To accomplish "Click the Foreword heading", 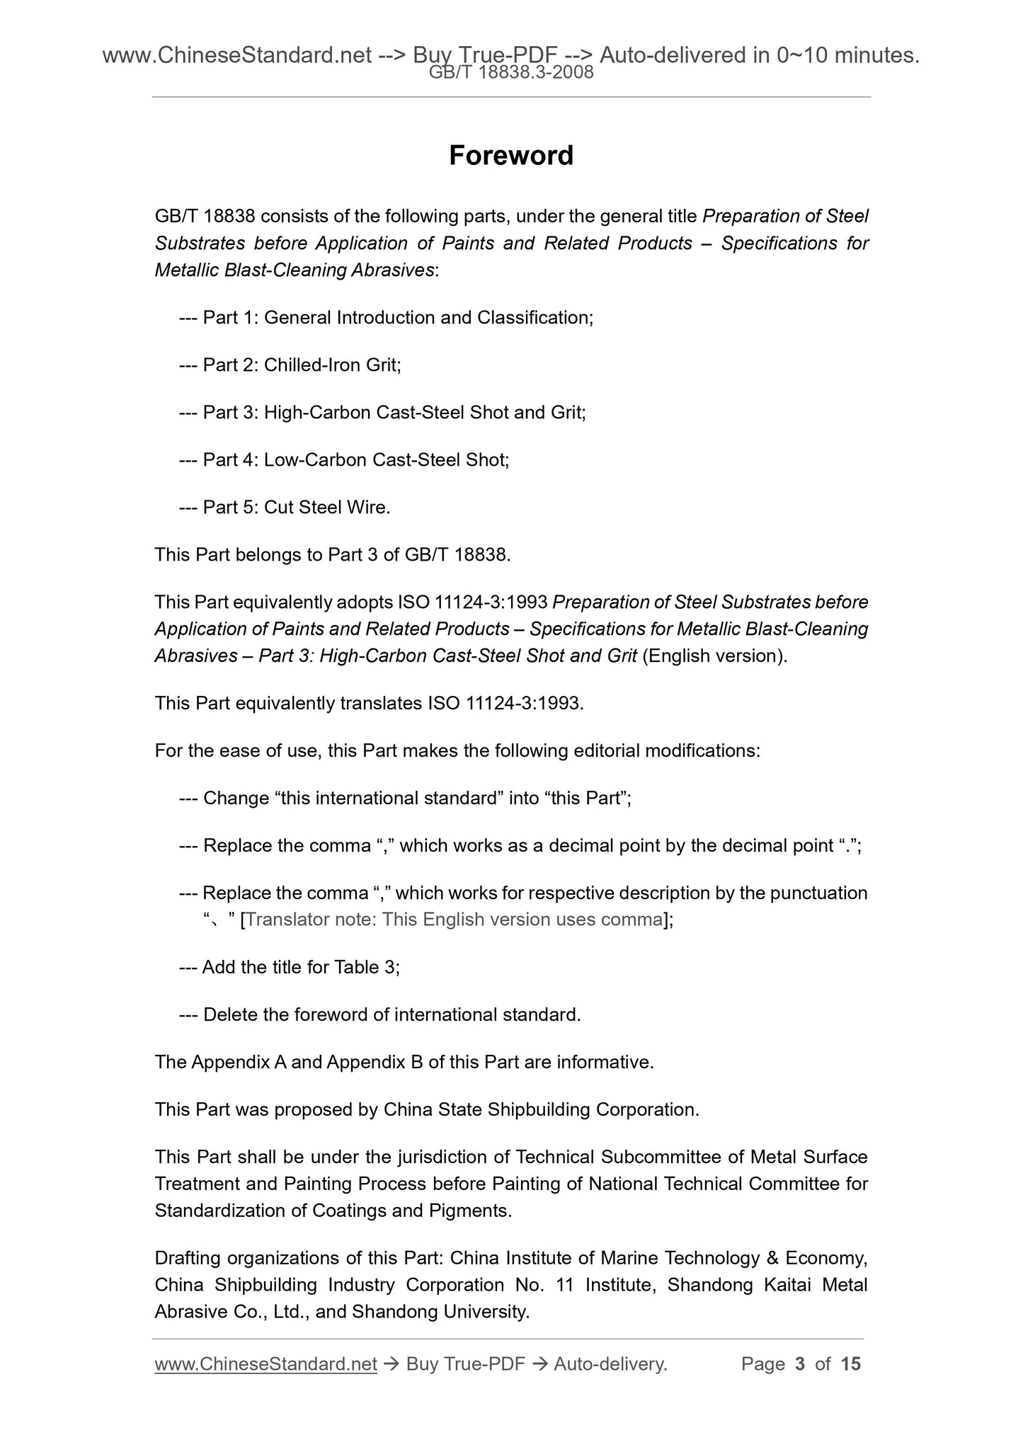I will (x=510, y=156).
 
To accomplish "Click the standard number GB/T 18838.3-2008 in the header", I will (x=511, y=72).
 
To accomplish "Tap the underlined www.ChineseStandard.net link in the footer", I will (x=265, y=1363).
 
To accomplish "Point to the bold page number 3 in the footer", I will (x=800, y=1363).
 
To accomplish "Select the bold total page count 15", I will (x=850, y=1363).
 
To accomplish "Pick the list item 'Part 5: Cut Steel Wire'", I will (x=285, y=507).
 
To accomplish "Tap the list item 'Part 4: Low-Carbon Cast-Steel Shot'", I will (x=344, y=459).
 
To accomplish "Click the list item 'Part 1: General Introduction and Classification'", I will (x=386, y=317).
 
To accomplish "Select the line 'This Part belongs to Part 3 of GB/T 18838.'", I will (x=333, y=554).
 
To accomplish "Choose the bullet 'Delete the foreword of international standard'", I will (x=379, y=1014).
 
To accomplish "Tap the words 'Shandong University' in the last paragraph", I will (x=440, y=1312).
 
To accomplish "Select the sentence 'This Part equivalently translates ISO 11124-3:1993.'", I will (x=369, y=703).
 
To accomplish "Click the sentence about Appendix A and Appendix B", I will (x=404, y=1062).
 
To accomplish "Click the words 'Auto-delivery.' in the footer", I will (x=610, y=1363).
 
